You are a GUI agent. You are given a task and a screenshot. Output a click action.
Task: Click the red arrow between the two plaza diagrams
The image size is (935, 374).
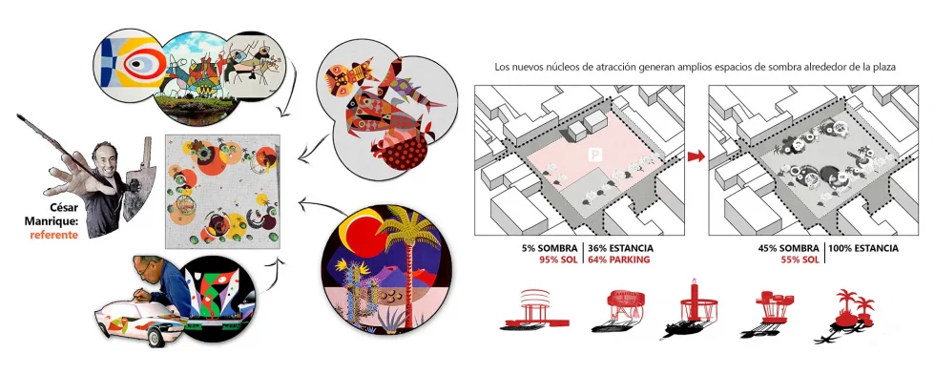click(x=696, y=155)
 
